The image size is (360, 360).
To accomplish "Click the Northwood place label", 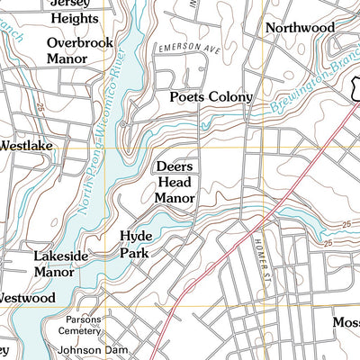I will coord(299,28).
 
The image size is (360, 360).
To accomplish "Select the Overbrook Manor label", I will coord(80,50).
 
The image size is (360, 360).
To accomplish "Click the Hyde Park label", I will coord(136,244).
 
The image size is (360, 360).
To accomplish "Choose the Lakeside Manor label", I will coord(61,263).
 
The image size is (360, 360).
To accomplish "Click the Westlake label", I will coord(25,144).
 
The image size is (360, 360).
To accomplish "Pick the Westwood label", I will coord(27,297).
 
